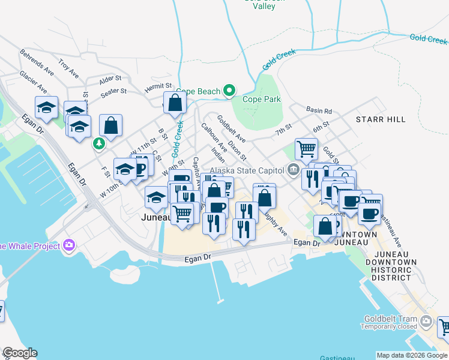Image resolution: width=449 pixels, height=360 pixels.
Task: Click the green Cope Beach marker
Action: click(x=229, y=92)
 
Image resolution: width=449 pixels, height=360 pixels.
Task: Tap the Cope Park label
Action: click(x=261, y=100)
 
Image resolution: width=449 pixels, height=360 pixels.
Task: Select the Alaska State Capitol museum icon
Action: click(x=293, y=169)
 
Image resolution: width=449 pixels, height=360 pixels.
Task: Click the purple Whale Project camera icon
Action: click(x=70, y=245)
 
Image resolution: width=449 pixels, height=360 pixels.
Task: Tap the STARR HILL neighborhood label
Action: click(x=381, y=120)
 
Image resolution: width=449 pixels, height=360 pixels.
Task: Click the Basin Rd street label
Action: click(x=319, y=111)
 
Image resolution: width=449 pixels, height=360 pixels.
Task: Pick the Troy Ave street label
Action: click(x=68, y=68)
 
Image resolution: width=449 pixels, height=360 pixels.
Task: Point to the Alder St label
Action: click(x=110, y=79)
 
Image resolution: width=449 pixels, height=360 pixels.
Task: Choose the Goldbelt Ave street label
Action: click(x=231, y=128)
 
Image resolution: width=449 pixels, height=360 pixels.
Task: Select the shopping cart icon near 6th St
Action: click(x=306, y=148)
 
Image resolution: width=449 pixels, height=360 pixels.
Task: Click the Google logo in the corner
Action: click(x=19, y=353)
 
